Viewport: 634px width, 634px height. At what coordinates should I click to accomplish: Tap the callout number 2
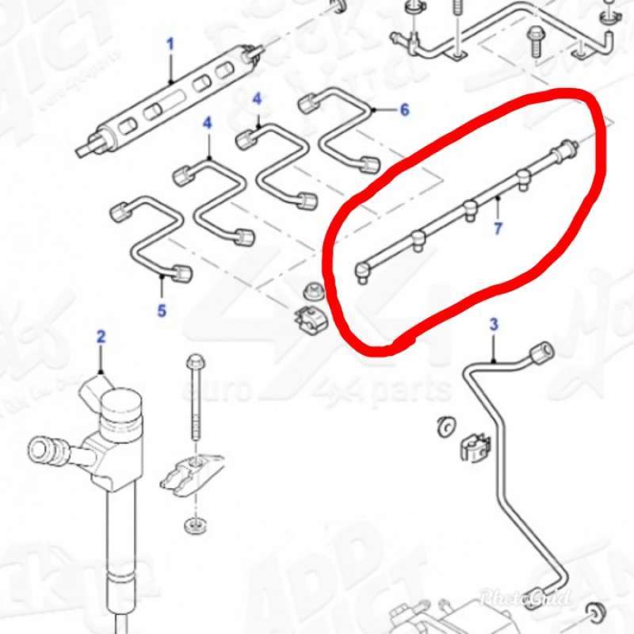pyautogui.click(x=101, y=337)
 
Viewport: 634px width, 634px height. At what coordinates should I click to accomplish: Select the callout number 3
pyautogui.click(x=493, y=324)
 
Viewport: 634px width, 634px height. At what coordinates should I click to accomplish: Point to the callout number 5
pyautogui.click(x=162, y=310)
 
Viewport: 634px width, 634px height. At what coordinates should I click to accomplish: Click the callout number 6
pyautogui.click(x=404, y=110)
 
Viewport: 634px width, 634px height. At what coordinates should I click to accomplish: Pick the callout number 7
pyautogui.click(x=498, y=229)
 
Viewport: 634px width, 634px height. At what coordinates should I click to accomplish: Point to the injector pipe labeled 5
pyautogui.click(x=151, y=238)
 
